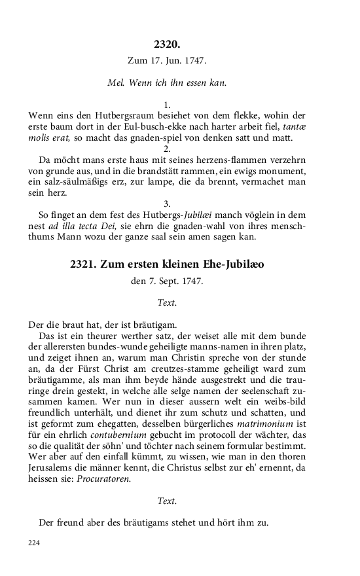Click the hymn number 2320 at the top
pos(167,45)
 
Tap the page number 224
pos(35,543)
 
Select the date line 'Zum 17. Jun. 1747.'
pos(167,62)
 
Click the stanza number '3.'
pos(167,204)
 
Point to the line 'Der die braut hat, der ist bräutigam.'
pos(103,325)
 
